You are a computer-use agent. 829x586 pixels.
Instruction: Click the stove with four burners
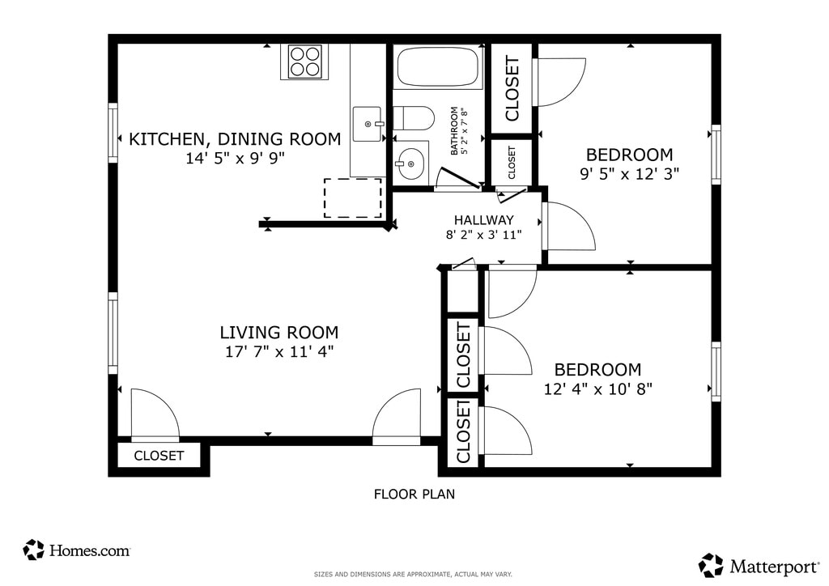[x=304, y=62]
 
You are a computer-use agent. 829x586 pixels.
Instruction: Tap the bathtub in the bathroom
[x=438, y=66]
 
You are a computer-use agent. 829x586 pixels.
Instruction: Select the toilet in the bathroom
[x=414, y=118]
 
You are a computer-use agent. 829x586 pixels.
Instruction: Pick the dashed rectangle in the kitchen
[x=353, y=197]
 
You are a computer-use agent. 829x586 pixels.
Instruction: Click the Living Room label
[x=279, y=333]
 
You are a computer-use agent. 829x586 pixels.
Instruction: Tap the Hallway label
[x=484, y=220]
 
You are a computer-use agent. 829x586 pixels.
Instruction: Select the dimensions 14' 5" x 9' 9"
[x=236, y=158]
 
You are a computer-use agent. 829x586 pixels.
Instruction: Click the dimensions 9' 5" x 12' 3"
[x=630, y=174]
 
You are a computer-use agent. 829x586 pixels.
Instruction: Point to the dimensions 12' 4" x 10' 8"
[x=598, y=389]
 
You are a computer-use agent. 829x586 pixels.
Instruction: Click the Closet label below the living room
[x=159, y=456]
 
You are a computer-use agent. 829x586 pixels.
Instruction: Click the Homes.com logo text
[x=89, y=551]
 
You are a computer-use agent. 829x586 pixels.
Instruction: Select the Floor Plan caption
[x=414, y=494]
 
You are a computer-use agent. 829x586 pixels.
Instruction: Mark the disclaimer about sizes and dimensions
[x=413, y=574]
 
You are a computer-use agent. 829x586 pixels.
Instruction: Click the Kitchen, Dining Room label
[x=236, y=139]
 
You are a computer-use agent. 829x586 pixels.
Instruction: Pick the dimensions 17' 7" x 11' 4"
[x=279, y=351]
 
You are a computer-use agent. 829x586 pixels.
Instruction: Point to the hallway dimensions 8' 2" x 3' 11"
[x=484, y=235]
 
